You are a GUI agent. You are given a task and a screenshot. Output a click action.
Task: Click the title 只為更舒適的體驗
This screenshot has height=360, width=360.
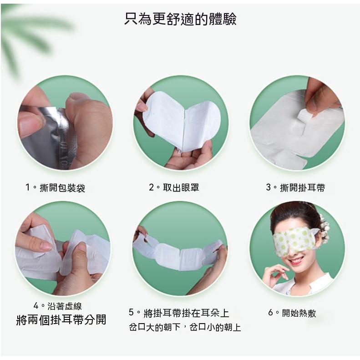coord(180,19)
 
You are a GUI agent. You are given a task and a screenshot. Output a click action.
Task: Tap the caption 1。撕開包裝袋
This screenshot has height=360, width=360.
coord(55,188)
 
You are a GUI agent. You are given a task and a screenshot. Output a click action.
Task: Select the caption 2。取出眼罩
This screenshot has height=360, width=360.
coord(174,188)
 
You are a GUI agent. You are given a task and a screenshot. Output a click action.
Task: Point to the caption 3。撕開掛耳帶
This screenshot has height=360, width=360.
coord(295,188)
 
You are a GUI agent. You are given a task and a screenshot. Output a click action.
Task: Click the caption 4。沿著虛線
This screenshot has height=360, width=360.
coord(58,306)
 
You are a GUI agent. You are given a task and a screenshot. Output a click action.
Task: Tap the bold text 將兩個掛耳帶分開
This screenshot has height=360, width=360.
coord(61,320)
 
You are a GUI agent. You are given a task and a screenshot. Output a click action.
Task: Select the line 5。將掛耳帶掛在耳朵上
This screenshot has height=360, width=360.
coord(179,313)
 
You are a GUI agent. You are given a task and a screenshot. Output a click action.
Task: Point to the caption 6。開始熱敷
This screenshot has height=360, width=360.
coord(292,313)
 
